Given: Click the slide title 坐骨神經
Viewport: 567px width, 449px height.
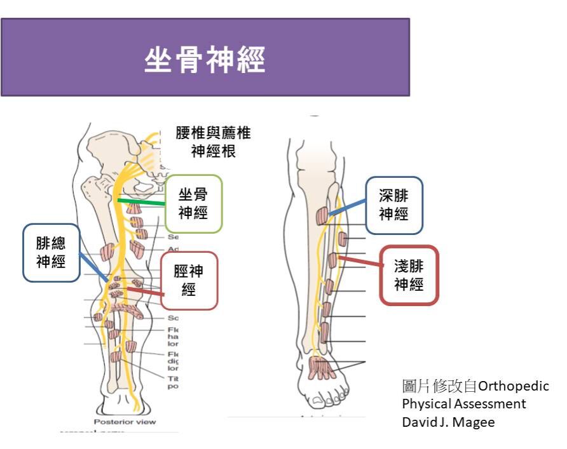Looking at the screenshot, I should click(x=205, y=62).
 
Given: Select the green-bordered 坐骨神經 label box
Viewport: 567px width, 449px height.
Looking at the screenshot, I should click(x=193, y=203).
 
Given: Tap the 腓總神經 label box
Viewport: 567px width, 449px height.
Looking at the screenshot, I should click(x=50, y=252).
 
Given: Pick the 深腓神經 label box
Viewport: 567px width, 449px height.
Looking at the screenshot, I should click(x=393, y=204).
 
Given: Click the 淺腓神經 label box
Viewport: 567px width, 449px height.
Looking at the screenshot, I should click(x=409, y=275).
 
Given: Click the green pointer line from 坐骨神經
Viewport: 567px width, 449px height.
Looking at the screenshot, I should click(x=141, y=203).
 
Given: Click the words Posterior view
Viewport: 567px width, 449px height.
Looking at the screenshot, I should click(x=125, y=421).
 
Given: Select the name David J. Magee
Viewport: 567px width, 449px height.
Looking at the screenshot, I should click(x=448, y=422).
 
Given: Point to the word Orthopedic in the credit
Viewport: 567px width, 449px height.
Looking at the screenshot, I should click(x=513, y=386).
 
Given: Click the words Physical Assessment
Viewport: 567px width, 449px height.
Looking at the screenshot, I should click(x=464, y=404).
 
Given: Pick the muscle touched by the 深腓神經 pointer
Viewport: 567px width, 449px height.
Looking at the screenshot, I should click(x=322, y=215).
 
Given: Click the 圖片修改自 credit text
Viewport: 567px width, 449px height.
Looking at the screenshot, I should click(x=439, y=386).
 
